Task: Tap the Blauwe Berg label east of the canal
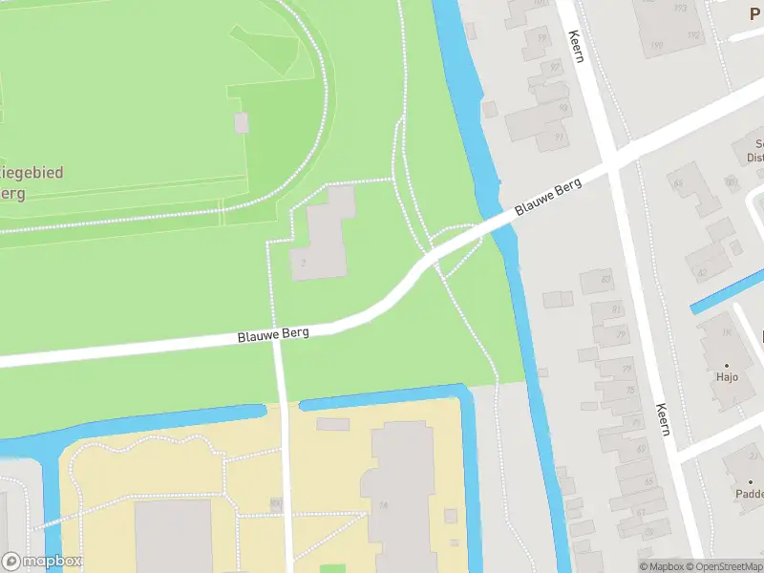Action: click(548, 197)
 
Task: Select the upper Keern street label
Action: click(575, 45)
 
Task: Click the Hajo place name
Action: click(728, 377)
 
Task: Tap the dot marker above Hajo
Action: click(727, 365)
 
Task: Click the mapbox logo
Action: click(42, 562)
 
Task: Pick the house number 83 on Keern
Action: click(606, 278)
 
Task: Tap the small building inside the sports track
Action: click(242, 122)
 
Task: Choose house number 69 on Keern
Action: click(640, 448)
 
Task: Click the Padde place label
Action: click(749, 495)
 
